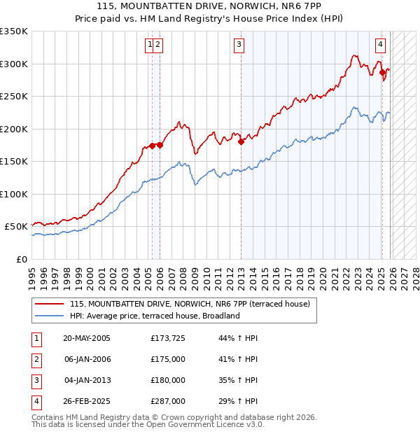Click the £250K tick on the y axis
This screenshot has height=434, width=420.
[x=13, y=96]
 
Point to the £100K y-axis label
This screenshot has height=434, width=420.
[x=13, y=194]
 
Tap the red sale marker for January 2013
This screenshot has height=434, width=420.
[x=241, y=141]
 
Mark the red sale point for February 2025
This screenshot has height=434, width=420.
[x=382, y=72]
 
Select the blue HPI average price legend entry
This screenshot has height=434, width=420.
[x=155, y=316]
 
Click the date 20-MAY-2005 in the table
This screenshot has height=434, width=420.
[x=87, y=338]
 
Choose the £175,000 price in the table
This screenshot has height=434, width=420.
[x=168, y=359]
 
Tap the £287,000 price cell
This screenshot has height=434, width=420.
[x=168, y=401]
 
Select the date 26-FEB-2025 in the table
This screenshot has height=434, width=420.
[x=87, y=401]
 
